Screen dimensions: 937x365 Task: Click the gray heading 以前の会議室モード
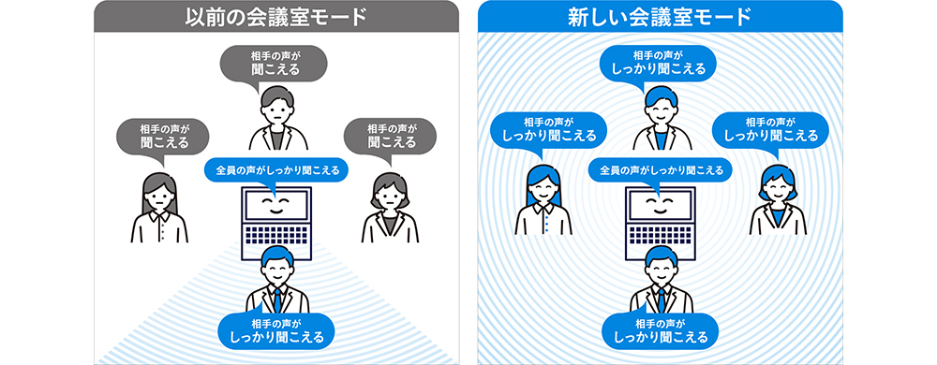pyautogui.click(x=275, y=17)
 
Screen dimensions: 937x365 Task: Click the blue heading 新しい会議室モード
pyautogui.click(x=660, y=17)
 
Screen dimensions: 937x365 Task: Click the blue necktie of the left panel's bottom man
pyautogui.click(x=276, y=299)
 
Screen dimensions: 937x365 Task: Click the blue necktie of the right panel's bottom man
pyautogui.click(x=661, y=299)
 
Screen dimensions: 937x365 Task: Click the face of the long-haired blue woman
pyautogui.click(x=543, y=190)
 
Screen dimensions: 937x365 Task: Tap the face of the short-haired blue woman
pyautogui.click(x=778, y=191)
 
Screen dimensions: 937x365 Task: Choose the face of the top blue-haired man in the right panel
pyautogui.click(x=661, y=111)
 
